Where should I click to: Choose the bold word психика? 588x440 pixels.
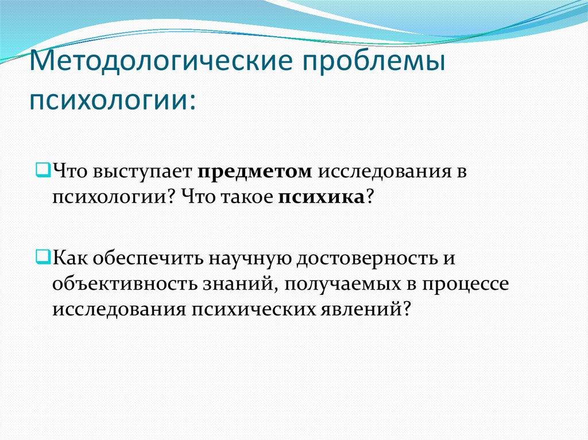(x=322, y=198)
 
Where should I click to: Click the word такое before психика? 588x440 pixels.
(x=245, y=198)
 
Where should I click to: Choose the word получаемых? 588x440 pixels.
(x=342, y=283)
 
